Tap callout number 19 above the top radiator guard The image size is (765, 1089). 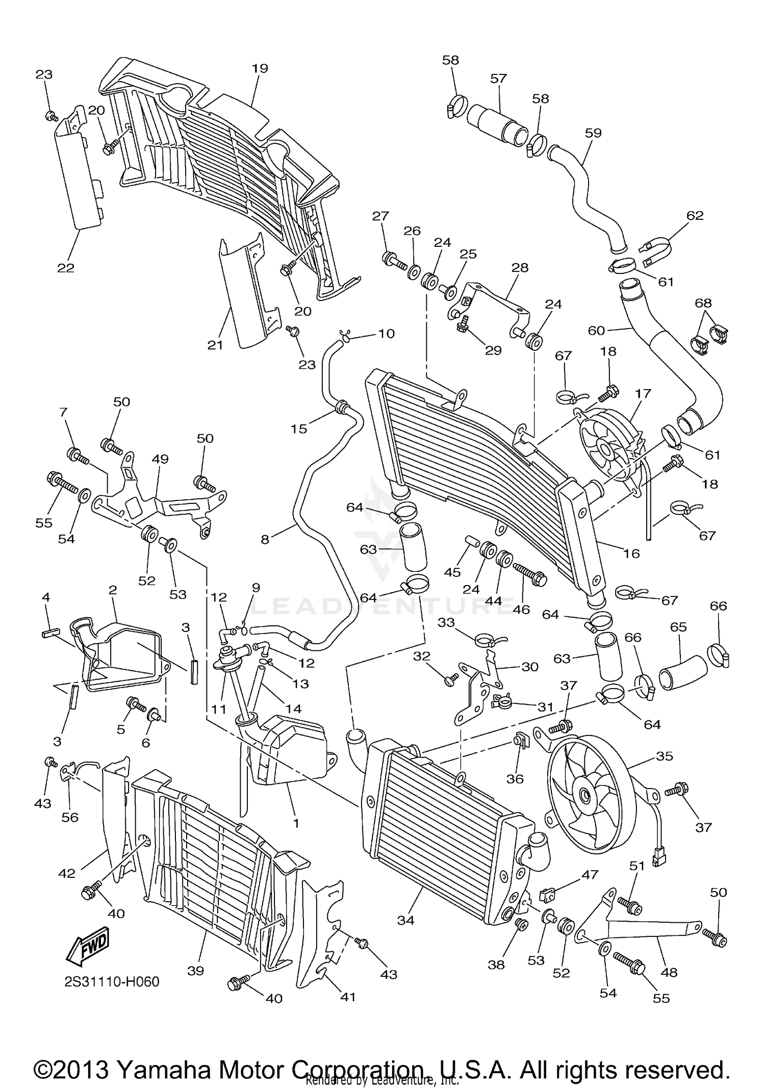pos(260,68)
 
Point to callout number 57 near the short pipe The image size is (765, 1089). pos(498,78)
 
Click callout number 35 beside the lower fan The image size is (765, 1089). pos(664,755)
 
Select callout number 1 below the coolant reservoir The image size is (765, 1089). pos(296,823)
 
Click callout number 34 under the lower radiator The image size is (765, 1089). pos(406,920)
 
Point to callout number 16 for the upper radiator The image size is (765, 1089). pos(631,553)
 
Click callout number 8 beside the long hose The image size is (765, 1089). pos(265,539)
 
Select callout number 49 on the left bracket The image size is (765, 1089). pos(160,459)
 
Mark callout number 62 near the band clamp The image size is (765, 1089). pos(695,215)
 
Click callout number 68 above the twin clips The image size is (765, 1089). pos(703,303)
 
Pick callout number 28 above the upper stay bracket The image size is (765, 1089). pos(520,267)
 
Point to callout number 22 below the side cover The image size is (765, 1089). pos(66,267)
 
